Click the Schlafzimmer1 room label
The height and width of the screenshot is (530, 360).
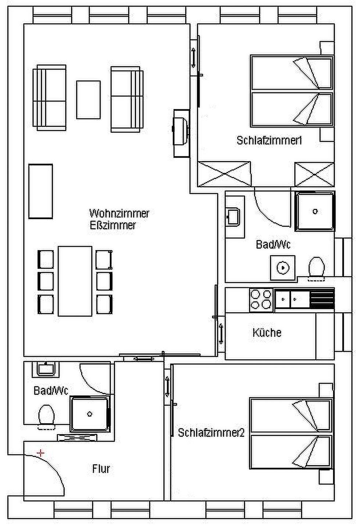point(269,140)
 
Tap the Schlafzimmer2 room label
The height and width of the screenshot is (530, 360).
point(211,432)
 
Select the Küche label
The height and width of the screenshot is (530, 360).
point(267,333)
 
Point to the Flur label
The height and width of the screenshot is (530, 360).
point(101,469)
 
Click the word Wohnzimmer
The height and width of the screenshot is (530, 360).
point(119,213)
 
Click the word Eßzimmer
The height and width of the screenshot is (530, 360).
point(113,225)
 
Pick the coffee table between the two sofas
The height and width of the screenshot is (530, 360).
point(88,100)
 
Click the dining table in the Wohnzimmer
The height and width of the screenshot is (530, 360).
point(75,281)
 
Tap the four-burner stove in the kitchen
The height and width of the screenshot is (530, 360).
point(261,299)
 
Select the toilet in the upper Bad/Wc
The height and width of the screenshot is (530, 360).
point(316,266)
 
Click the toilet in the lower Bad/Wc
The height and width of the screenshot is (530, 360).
point(46,415)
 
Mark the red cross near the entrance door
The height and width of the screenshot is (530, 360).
point(41,453)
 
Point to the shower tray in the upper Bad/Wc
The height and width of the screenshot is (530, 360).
point(315,211)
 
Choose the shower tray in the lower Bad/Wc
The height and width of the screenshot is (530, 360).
point(90,413)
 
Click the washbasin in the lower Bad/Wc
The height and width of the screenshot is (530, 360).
point(46,369)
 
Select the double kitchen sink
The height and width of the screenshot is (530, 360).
point(292,299)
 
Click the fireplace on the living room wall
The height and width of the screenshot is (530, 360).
point(181,132)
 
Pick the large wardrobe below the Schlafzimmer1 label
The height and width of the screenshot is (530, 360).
point(224,174)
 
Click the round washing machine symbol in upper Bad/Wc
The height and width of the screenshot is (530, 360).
point(282,268)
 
